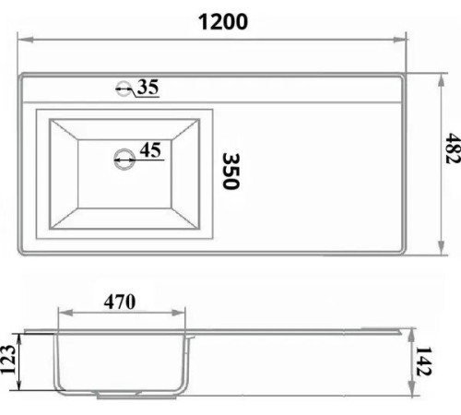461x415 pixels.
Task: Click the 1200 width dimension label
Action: pyautogui.click(x=223, y=22)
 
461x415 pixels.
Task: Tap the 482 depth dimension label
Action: pyautogui.click(x=453, y=148)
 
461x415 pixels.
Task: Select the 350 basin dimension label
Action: pyautogui.click(x=230, y=172)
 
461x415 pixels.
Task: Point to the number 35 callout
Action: pyautogui.click(x=148, y=87)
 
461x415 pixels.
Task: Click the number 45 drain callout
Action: pyautogui.click(x=150, y=150)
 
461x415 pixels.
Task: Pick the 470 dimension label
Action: pyautogui.click(x=120, y=302)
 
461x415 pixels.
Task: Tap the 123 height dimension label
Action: pyautogui.click(x=8, y=360)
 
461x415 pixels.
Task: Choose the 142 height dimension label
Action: pyautogui.click(x=424, y=362)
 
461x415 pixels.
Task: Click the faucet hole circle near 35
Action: pyautogui.click(x=124, y=89)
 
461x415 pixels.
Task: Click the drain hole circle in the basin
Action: pyautogui.click(x=124, y=160)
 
